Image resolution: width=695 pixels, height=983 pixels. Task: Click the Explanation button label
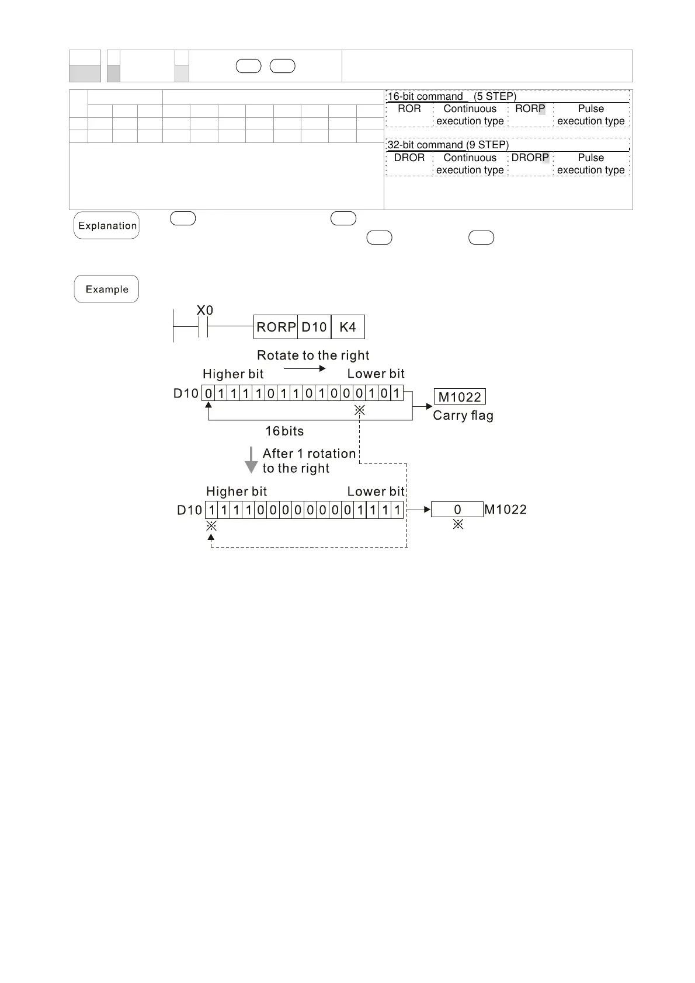coord(107,226)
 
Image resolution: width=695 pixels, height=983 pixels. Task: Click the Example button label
coord(106,290)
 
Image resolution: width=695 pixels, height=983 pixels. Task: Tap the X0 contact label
coord(204,311)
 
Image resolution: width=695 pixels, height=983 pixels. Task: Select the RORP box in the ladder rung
coord(276,327)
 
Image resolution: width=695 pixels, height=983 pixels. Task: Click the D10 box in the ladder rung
coord(314,327)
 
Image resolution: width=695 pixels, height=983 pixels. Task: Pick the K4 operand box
coord(347,327)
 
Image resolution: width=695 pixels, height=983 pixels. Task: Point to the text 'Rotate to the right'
coord(313,355)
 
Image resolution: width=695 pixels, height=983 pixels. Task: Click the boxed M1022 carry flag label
coord(460,398)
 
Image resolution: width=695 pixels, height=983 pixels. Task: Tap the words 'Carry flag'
coord(463,416)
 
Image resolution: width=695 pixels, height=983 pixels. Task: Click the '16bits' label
coord(284,431)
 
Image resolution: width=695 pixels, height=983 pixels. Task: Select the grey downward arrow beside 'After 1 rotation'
coord(251,460)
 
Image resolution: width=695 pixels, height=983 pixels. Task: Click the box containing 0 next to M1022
coord(457,510)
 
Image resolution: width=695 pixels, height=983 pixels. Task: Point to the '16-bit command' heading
coord(425,96)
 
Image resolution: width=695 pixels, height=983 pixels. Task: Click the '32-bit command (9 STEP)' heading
coord(448,145)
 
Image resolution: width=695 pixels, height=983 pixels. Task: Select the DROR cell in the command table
coord(409,158)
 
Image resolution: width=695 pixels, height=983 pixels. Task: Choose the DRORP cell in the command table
coord(530,158)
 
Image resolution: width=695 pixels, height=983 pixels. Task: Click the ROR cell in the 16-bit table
coord(409,109)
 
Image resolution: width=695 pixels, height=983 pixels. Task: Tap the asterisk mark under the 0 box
coord(458,525)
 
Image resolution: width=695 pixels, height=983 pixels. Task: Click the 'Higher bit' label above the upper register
coord(233,374)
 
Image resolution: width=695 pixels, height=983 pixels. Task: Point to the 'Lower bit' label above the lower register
coord(376,491)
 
